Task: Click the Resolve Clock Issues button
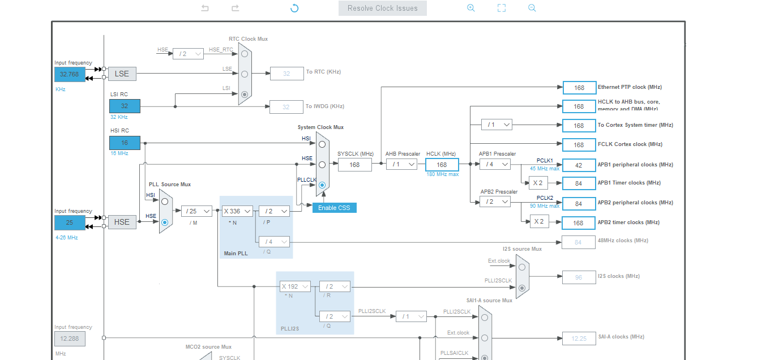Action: point(382,8)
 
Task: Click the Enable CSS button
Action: point(334,208)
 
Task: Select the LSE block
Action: point(122,74)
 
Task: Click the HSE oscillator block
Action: point(122,222)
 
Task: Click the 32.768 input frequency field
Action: point(69,74)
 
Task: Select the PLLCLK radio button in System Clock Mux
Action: point(322,185)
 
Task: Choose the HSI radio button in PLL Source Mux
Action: point(165,201)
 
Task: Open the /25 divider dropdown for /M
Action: point(196,211)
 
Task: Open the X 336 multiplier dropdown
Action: point(237,211)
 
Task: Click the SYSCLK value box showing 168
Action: point(355,165)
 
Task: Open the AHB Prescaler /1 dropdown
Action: point(401,164)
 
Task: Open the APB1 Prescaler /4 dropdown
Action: point(495,164)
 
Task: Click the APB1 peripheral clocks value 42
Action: point(579,165)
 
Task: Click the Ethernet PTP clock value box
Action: point(579,88)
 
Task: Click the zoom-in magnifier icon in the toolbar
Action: point(470,8)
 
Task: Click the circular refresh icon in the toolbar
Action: point(294,8)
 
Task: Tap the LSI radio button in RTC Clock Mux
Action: point(245,95)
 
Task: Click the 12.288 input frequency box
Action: point(70,338)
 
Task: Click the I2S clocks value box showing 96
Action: point(579,277)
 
